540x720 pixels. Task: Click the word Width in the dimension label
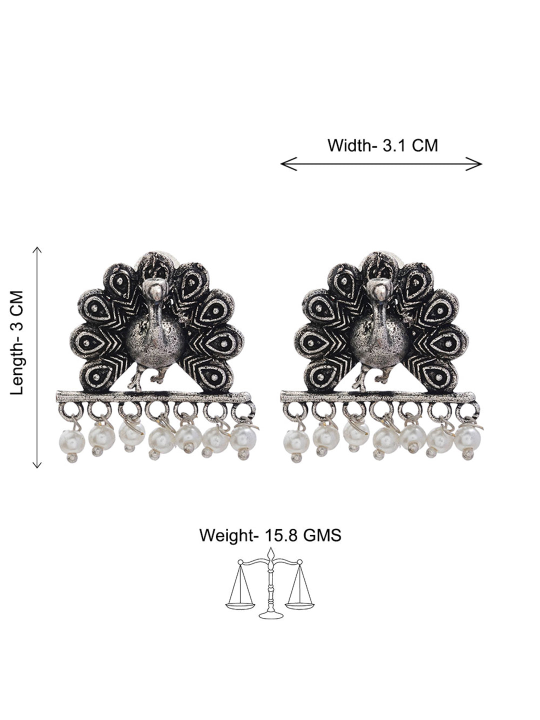coord(350,145)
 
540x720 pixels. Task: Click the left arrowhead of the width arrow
coord(288,163)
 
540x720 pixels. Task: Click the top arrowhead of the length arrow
coord(37,250)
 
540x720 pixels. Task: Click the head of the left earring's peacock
coord(155,289)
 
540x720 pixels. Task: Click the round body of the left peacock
coord(155,341)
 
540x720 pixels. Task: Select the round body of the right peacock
coord(379,341)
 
